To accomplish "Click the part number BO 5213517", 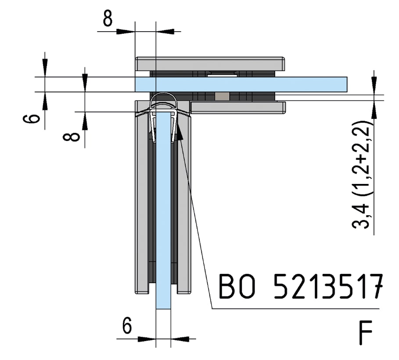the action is point(301,286).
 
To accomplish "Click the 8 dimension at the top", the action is point(108,18).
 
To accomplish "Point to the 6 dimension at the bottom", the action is point(127,325).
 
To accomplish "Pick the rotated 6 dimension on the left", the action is point(31,119).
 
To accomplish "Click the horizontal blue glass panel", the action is point(241,84).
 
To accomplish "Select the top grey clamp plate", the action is point(210,64).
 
